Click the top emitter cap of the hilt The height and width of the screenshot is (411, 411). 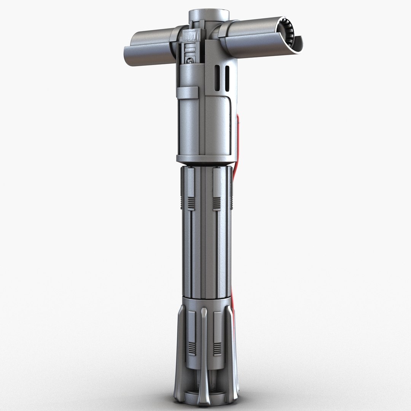click(209, 15)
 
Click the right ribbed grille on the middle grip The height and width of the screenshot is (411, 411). click(217, 204)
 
